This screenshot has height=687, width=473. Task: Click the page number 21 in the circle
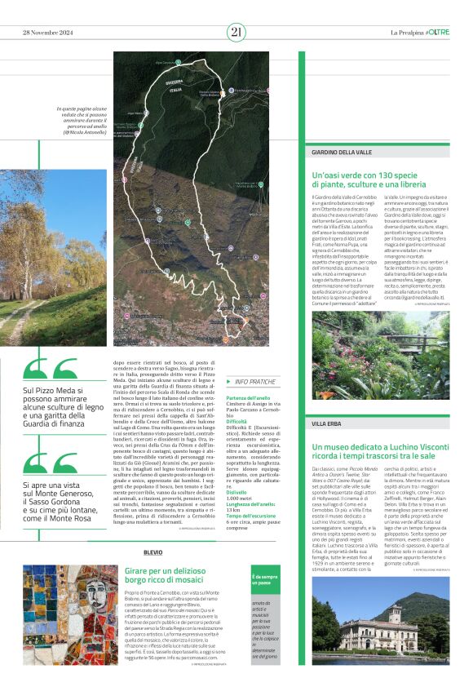(236, 33)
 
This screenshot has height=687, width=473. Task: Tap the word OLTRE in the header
(437, 33)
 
